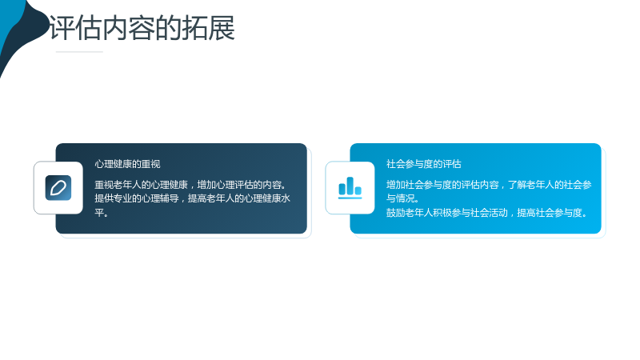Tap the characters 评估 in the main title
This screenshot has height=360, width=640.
coord(75,28)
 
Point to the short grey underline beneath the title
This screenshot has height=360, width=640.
coord(79,52)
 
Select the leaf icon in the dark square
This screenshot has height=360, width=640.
coord(58,188)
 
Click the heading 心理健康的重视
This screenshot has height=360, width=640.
coord(127,164)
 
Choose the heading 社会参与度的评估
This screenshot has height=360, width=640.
coord(424,164)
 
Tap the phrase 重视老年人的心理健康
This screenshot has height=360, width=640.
coord(142,185)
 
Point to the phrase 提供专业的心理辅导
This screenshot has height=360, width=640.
coord(137,198)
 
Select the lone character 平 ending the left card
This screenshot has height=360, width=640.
coord(99,213)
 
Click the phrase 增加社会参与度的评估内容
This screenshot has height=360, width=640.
coord(442,185)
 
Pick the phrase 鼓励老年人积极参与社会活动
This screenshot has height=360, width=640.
coord(447,213)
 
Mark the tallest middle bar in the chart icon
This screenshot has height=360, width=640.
coord(350,186)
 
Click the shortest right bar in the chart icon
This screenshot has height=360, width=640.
coord(358,190)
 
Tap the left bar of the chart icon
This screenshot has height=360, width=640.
coord(342,189)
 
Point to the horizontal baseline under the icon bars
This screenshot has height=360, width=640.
coord(350,198)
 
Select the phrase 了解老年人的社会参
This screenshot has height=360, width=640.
coord(550,185)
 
